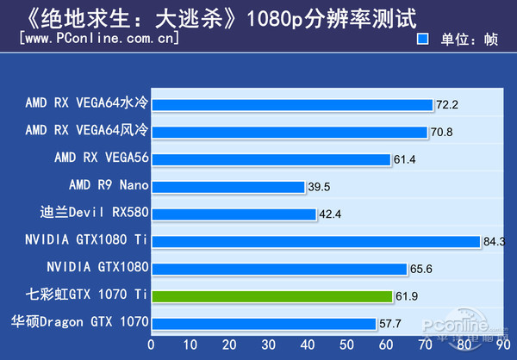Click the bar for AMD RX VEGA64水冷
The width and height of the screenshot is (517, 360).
pos(291,105)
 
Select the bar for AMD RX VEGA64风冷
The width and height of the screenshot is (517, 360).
pos(289,132)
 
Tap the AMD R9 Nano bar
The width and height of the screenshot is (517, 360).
pos(227,186)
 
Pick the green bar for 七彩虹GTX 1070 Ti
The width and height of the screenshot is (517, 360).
pos(271,295)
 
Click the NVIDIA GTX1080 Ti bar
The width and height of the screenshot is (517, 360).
pos(315,241)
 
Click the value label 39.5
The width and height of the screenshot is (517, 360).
pos(321,187)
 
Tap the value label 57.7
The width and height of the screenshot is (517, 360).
pos(391,324)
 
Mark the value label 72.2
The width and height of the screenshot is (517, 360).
pos(447,105)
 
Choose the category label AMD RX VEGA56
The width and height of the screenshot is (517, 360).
pos(101,158)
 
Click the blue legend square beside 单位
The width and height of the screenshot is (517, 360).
pos(423,39)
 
